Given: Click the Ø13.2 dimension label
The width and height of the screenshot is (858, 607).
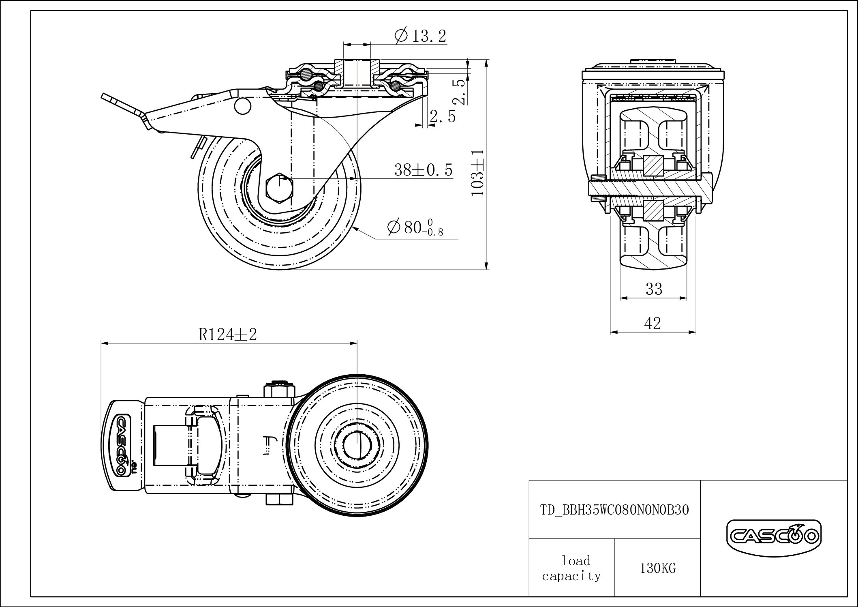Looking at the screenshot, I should (420, 36).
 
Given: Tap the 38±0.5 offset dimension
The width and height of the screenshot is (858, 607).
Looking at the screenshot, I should (423, 170).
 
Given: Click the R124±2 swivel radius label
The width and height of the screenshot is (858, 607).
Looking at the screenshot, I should (228, 335).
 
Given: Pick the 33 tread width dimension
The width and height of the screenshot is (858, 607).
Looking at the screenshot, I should (654, 289).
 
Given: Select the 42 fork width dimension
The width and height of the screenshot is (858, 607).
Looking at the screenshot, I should (653, 324).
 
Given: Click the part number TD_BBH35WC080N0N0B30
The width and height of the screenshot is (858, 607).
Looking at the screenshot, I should (614, 510).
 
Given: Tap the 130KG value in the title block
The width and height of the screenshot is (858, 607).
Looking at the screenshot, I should (657, 568).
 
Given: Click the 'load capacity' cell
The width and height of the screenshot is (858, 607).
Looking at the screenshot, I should (571, 568).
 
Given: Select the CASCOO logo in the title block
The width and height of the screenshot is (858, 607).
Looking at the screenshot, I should (773, 536).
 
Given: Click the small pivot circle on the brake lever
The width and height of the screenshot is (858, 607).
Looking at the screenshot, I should (242, 106).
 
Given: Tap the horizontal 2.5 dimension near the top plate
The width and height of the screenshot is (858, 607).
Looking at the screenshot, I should (443, 117).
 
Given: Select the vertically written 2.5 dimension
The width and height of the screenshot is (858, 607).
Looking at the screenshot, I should (461, 92).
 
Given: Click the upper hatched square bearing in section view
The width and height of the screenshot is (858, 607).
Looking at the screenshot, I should (653, 165).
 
